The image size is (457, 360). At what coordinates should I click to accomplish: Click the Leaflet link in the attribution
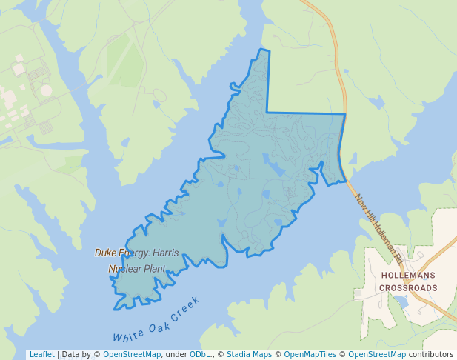pyautogui.click(x=41, y=355)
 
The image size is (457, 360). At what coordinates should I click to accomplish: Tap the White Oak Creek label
pyautogui.click(x=156, y=320)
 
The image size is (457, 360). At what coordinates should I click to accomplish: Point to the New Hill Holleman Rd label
pyautogui.click(x=378, y=230)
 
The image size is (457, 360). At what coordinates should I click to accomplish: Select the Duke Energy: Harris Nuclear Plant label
pyautogui.click(x=137, y=261)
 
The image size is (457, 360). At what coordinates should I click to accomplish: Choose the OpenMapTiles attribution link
pyautogui.click(x=310, y=355)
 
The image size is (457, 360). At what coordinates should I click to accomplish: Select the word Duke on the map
pyautogui.click(x=104, y=253)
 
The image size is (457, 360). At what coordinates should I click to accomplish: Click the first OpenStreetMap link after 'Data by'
pyautogui.click(x=132, y=355)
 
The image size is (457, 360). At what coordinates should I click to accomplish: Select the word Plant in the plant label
pyautogui.click(x=153, y=269)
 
